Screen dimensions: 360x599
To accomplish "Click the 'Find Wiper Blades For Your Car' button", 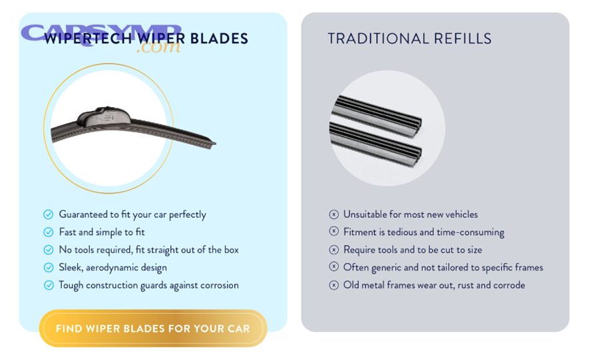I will coord(153,329).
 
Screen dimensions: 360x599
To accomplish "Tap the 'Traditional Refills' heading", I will coord(409,39).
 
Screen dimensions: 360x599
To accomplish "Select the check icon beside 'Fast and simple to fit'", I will coord(48,232).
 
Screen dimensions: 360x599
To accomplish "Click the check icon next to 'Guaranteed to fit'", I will coord(48,214).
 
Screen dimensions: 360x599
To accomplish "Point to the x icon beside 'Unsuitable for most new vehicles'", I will coord(333,214).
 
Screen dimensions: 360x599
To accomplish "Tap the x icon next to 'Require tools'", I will coord(333,250).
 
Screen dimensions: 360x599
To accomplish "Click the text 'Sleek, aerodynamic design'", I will coord(112,268).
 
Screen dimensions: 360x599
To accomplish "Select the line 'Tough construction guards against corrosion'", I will coord(148,285).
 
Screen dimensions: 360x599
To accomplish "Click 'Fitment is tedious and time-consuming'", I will coord(423,232).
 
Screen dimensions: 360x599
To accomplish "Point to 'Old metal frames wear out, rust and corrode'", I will coord(434,285).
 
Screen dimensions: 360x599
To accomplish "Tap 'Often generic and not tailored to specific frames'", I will coord(443,268).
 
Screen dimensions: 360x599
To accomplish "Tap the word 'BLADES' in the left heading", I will coord(219,39).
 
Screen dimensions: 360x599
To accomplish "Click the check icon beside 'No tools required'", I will coord(48,250).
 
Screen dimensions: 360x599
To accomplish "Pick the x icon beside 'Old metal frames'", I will coord(333,285).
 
